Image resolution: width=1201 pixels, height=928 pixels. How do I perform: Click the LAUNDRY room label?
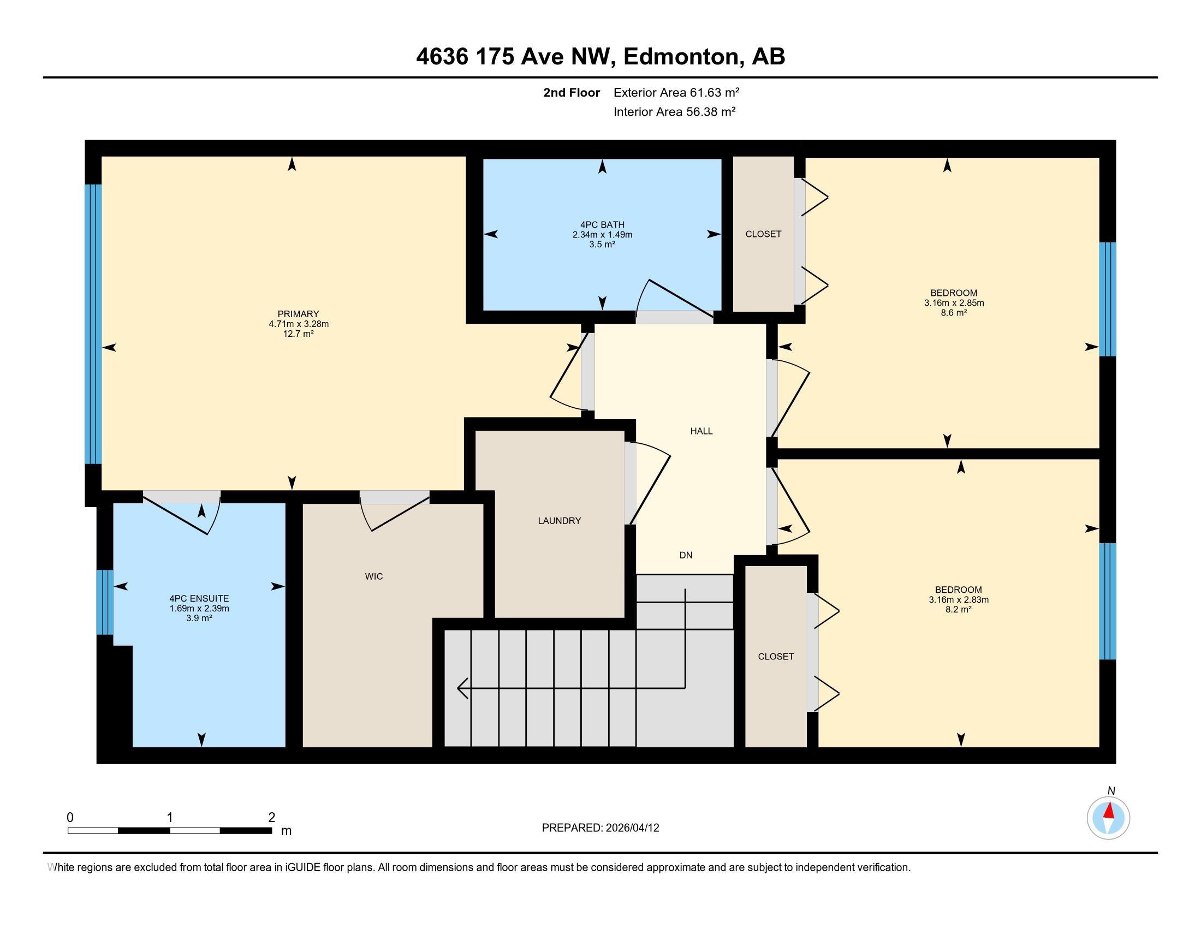click(x=559, y=521)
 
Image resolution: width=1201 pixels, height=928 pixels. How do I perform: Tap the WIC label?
click(x=374, y=576)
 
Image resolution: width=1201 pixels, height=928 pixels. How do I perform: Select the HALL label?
click(x=701, y=431)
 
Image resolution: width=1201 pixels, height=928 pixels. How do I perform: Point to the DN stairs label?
click(x=686, y=555)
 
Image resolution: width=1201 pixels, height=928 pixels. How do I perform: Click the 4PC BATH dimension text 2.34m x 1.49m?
click(x=602, y=235)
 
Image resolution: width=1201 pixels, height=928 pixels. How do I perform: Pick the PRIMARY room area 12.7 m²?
click(x=299, y=333)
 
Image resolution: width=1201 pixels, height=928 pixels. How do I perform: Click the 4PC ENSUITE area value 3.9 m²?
click(x=199, y=618)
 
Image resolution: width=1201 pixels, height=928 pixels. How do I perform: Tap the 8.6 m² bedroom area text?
click(x=954, y=312)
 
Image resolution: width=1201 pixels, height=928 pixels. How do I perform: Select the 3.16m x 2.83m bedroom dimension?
click(x=959, y=599)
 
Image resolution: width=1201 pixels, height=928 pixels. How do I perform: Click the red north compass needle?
click(x=1109, y=810)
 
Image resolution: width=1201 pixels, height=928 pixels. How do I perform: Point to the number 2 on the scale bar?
click(x=272, y=817)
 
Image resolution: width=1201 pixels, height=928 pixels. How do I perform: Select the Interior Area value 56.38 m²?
click(x=711, y=111)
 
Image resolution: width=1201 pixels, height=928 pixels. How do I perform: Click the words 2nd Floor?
click(x=572, y=92)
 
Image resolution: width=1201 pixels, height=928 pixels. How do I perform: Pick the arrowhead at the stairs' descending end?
click(x=462, y=688)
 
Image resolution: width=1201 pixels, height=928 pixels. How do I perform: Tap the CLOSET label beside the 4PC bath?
click(x=763, y=234)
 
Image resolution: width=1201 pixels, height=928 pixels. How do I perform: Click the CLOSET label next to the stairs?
click(x=776, y=656)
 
